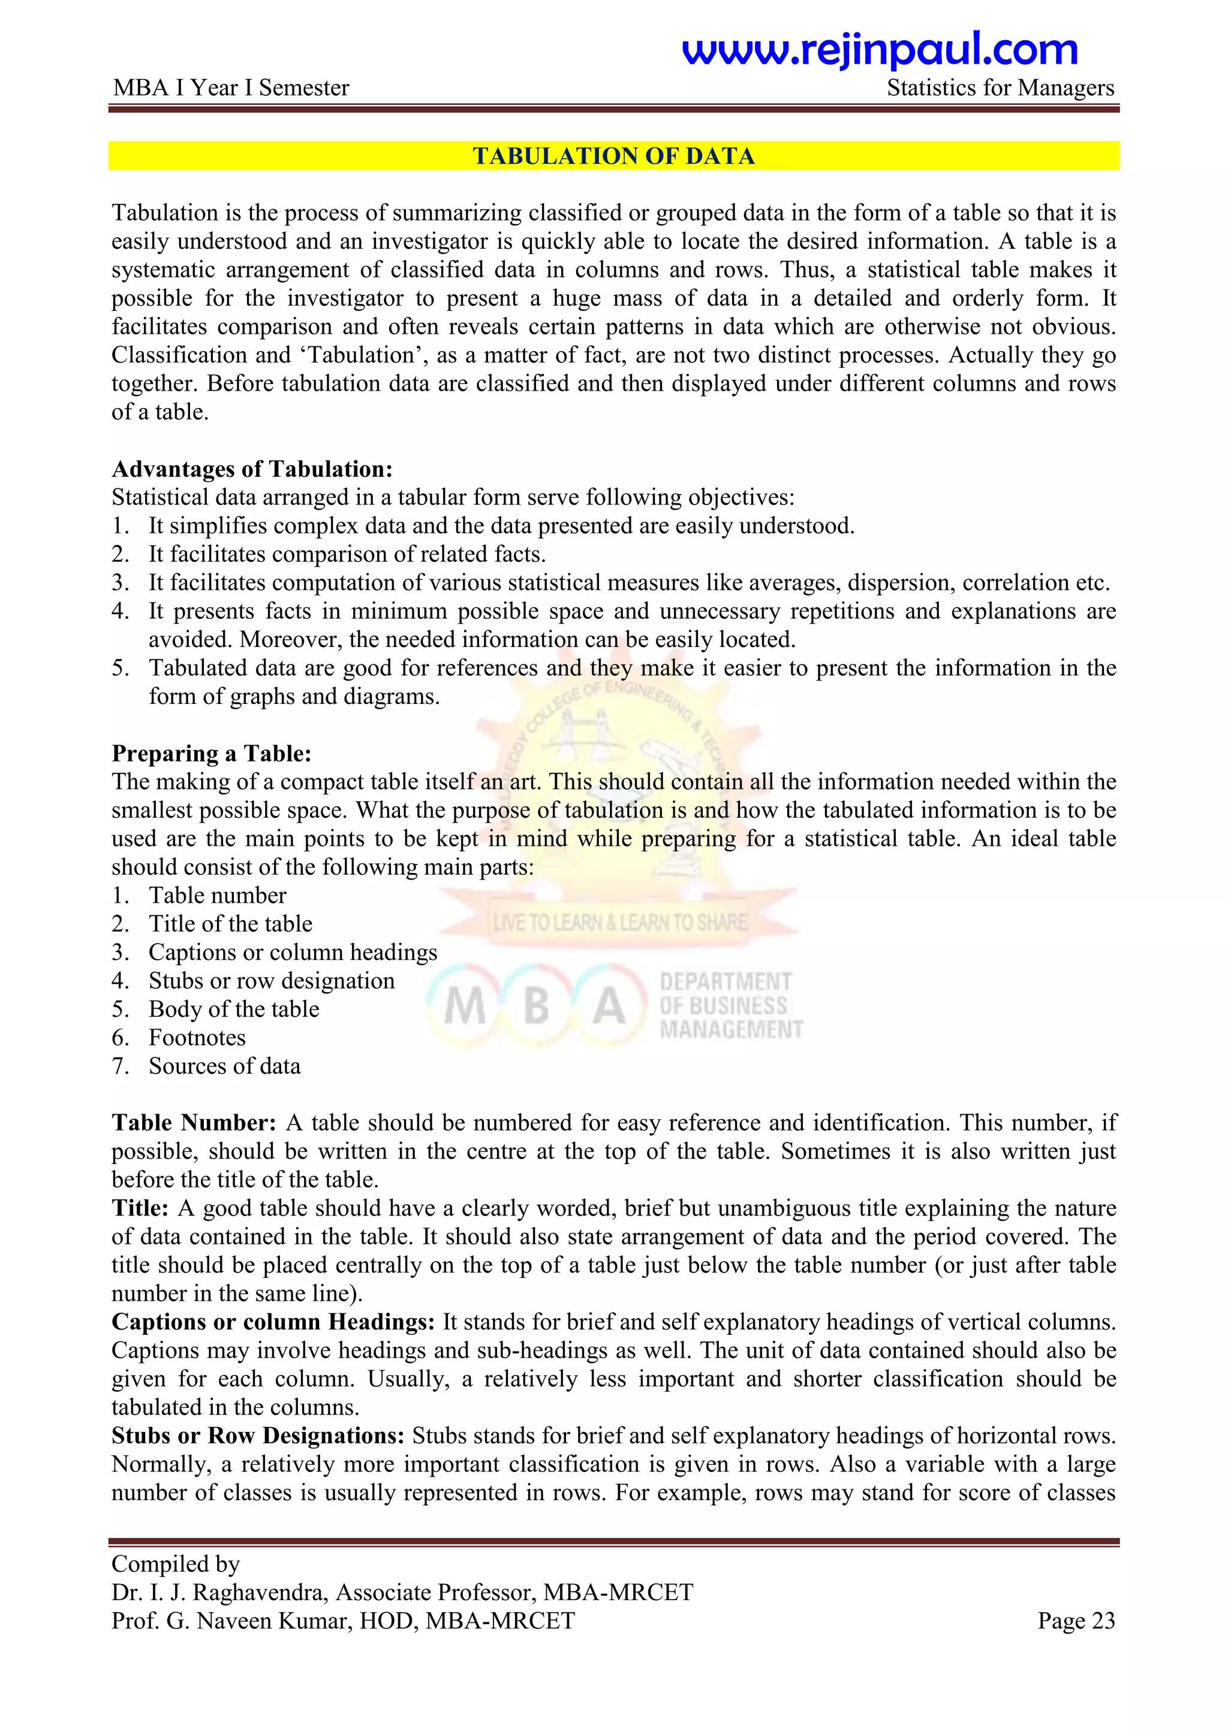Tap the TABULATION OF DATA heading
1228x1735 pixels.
tap(613, 156)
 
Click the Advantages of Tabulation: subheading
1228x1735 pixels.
tap(252, 468)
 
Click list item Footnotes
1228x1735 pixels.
tap(197, 1037)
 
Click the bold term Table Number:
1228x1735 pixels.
tap(194, 1122)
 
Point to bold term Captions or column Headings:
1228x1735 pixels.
tap(273, 1322)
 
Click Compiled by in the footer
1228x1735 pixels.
tap(176, 1564)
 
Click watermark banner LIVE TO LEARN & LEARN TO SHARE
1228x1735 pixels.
tap(619, 923)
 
